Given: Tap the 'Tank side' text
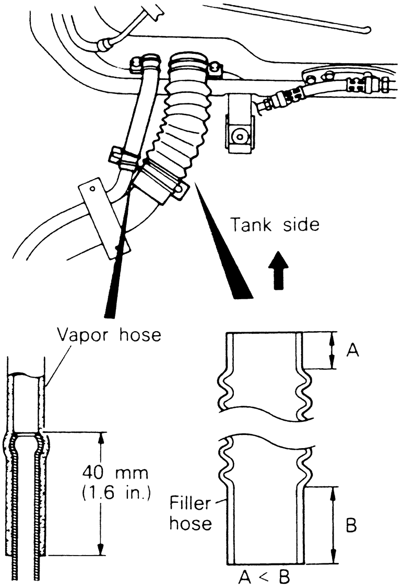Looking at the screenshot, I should (275, 225).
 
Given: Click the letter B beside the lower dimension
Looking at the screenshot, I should (351, 525).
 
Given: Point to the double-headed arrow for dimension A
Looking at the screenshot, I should (332, 351).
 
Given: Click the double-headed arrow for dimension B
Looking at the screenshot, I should (333, 525).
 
